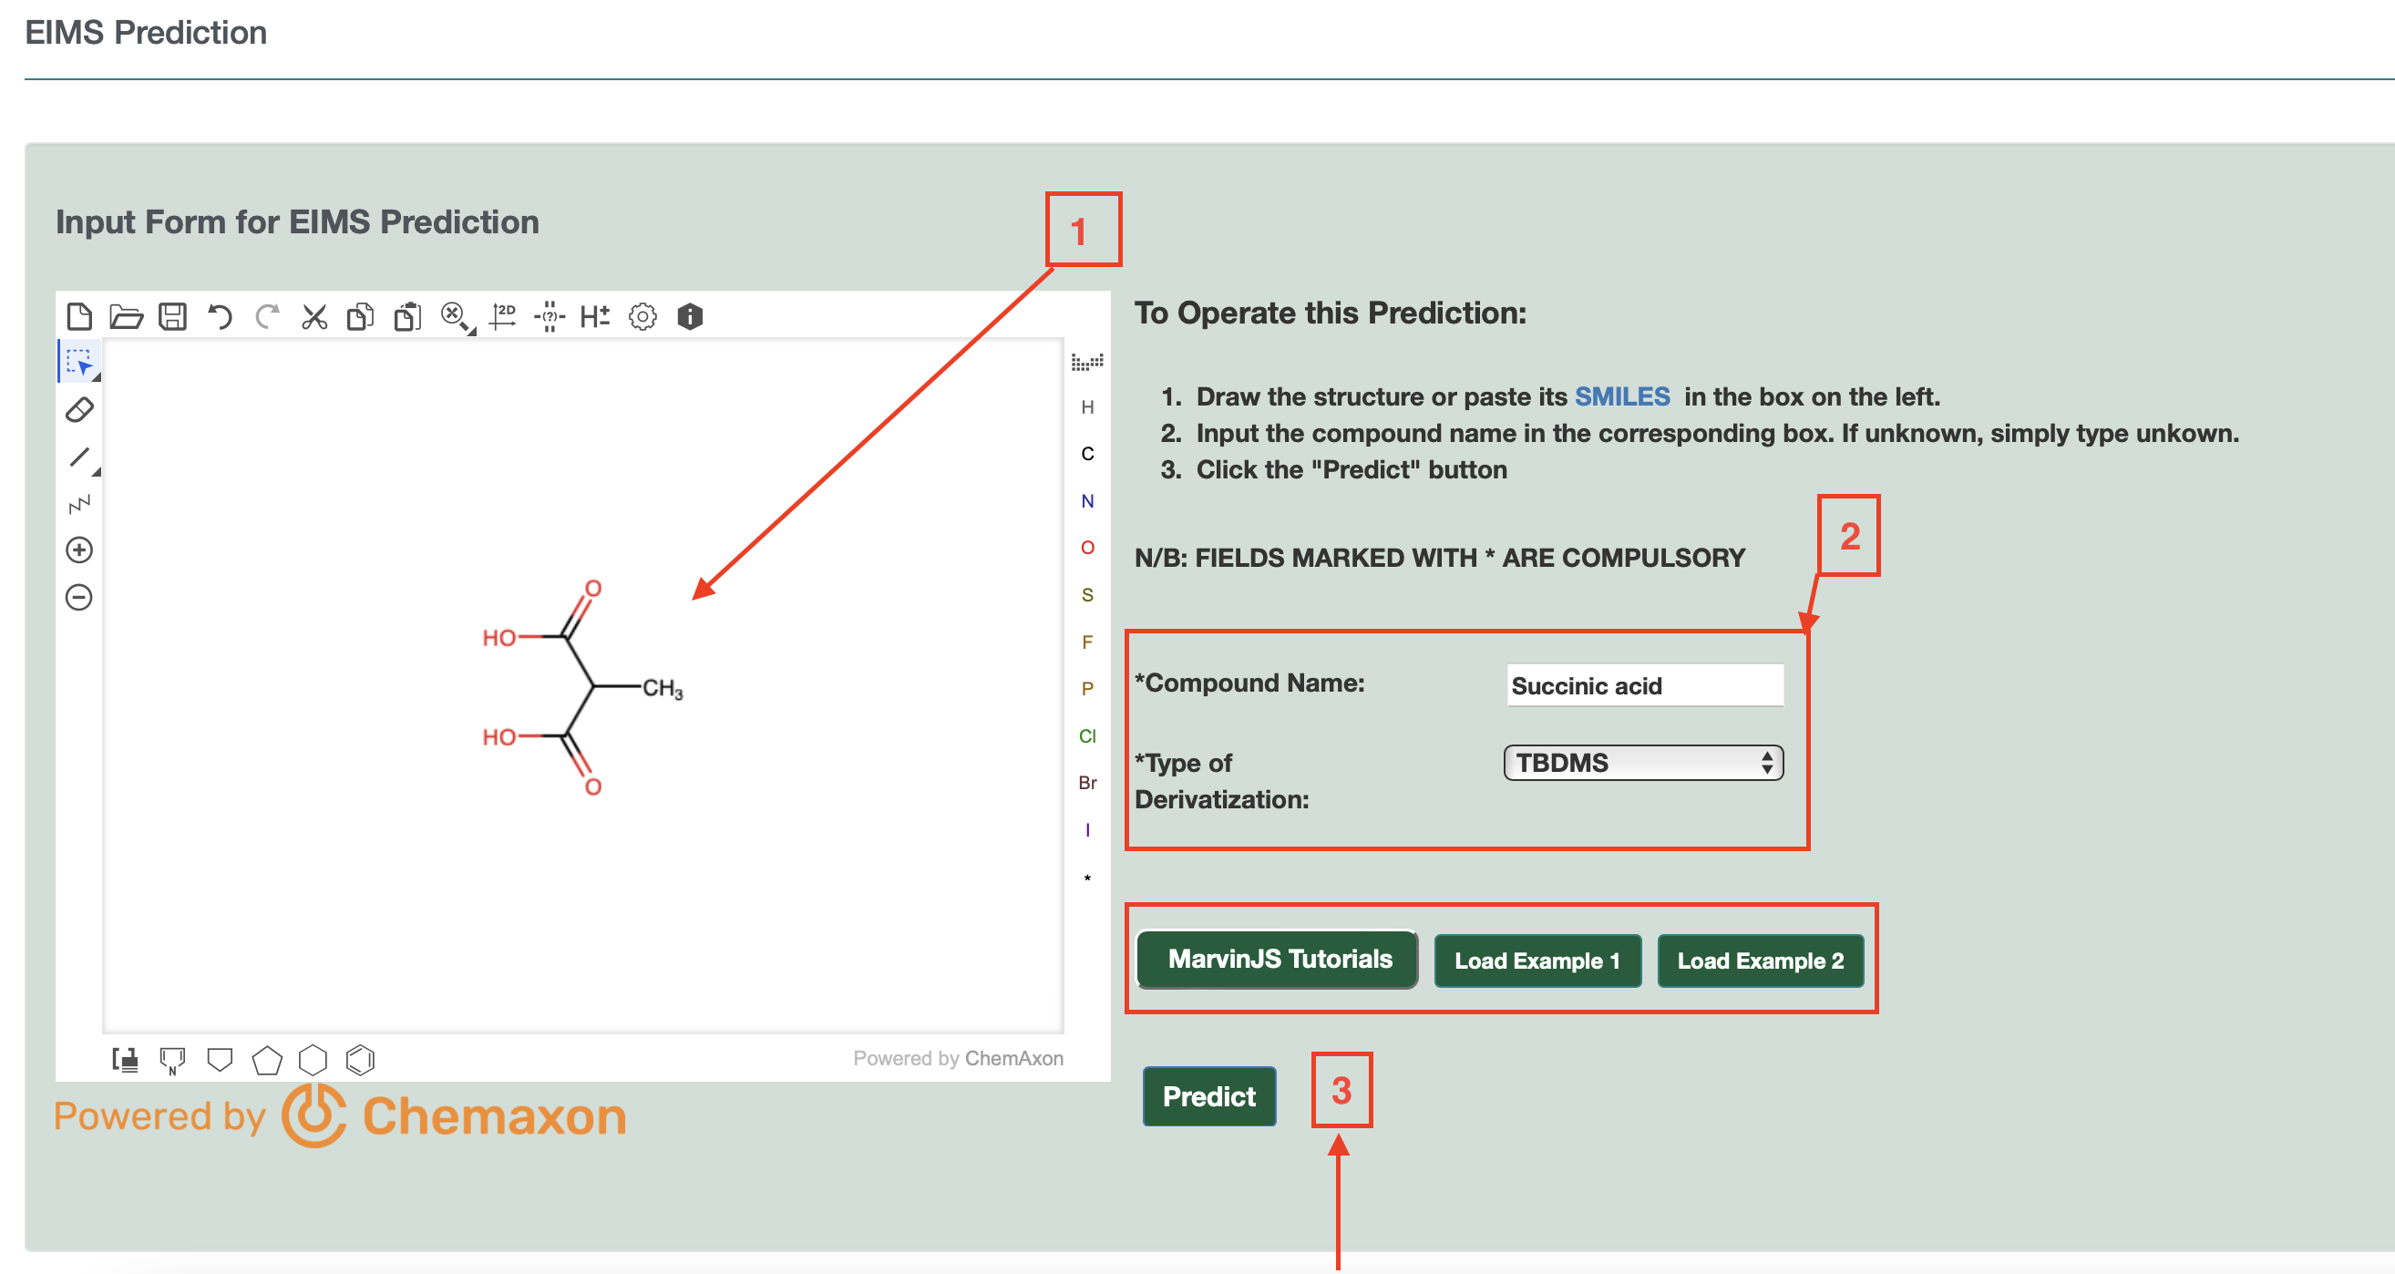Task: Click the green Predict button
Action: click(x=1208, y=1096)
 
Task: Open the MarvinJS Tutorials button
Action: click(x=1279, y=960)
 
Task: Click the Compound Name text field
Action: click(x=1644, y=685)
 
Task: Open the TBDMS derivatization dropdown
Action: click(x=1643, y=763)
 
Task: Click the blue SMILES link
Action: click(x=1621, y=397)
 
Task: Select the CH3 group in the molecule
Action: click(x=662, y=689)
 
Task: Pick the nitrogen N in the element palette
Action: click(x=1087, y=501)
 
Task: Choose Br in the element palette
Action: click(x=1087, y=783)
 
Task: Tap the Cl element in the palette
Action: click(x=1087, y=736)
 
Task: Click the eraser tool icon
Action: click(x=80, y=409)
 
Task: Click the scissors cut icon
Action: click(x=314, y=317)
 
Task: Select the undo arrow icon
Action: click(x=220, y=317)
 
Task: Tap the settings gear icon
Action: click(x=642, y=317)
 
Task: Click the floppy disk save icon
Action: click(x=173, y=317)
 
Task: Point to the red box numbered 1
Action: click(x=1084, y=230)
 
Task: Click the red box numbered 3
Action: click(x=1341, y=1090)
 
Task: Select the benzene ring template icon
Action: click(x=360, y=1060)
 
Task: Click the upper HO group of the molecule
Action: click(x=499, y=638)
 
